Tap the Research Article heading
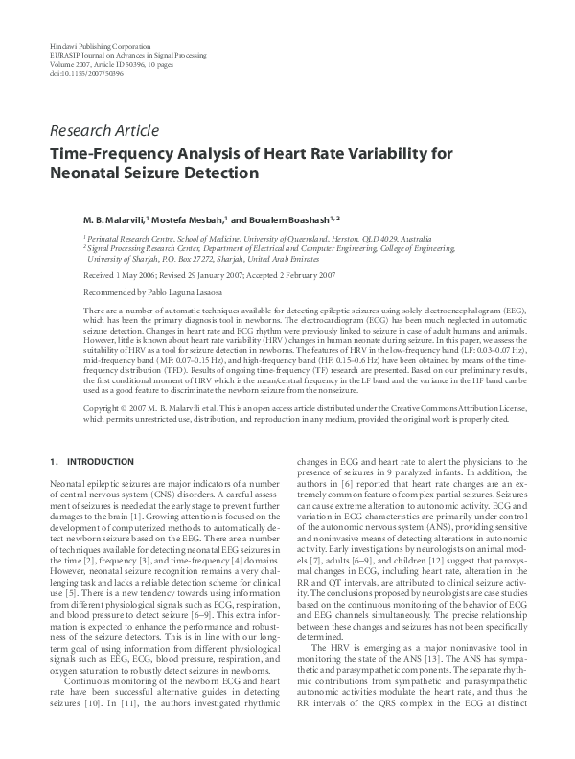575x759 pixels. pyautogui.click(x=104, y=132)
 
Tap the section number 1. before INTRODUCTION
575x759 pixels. pyautogui.click(x=54, y=463)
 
